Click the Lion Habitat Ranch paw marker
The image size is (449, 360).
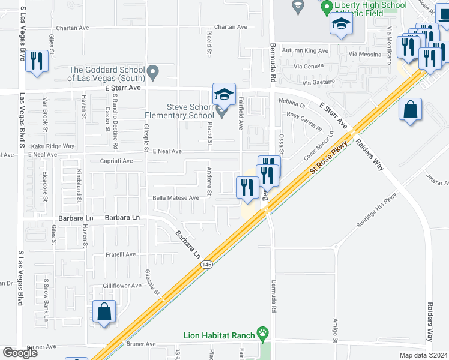[x=262, y=332]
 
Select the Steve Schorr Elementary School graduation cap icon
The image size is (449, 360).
[x=224, y=95]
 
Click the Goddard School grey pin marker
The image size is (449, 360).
[x=153, y=74]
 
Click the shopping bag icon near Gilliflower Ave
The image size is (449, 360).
[x=104, y=312]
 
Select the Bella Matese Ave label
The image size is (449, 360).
[x=176, y=198]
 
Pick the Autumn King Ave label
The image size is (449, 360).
[x=306, y=50]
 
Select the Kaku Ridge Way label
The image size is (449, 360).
[x=53, y=146]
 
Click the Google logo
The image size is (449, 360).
[x=20, y=353]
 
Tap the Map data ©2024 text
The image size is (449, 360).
[x=423, y=355]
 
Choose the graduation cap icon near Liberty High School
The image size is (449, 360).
[x=340, y=25]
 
